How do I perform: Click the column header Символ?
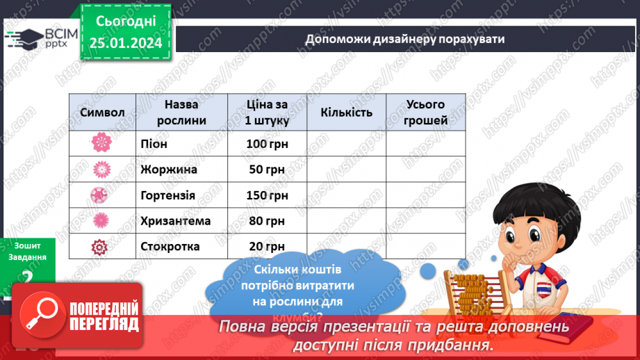tap(102, 113)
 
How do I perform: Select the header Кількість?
tap(346, 113)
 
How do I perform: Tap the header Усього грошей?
tap(425, 113)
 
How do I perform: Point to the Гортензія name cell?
tap(167, 195)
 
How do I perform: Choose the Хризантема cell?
tap(175, 221)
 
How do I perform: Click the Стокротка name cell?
tap(170, 246)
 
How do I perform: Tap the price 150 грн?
tap(267, 195)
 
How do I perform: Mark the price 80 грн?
tap(267, 221)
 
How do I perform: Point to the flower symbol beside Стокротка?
tap(102, 246)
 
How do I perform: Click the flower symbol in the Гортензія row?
tap(102, 195)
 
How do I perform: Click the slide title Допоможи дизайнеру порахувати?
tap(404, 38)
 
